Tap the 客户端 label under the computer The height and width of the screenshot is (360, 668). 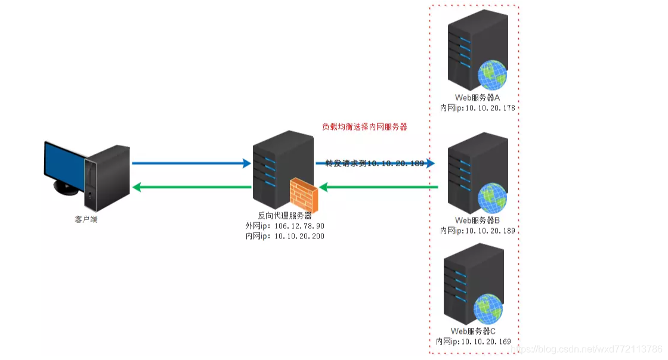coord(86,219)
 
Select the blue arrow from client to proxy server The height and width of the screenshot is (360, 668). coord(191,163)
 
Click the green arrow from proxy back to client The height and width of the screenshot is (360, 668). coord(191,187)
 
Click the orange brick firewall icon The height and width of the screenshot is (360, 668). coord(305,196)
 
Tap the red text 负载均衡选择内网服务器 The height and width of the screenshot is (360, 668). coord(364,127)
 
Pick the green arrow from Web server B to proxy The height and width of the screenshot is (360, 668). coord(382,187)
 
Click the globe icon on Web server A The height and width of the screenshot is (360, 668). coord(492,75)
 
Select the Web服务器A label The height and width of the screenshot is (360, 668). coord(477,98)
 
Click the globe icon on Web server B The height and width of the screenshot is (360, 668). coord(493,198)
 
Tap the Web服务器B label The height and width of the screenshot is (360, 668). coord(477,220)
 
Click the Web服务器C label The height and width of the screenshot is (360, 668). coord(473,331)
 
